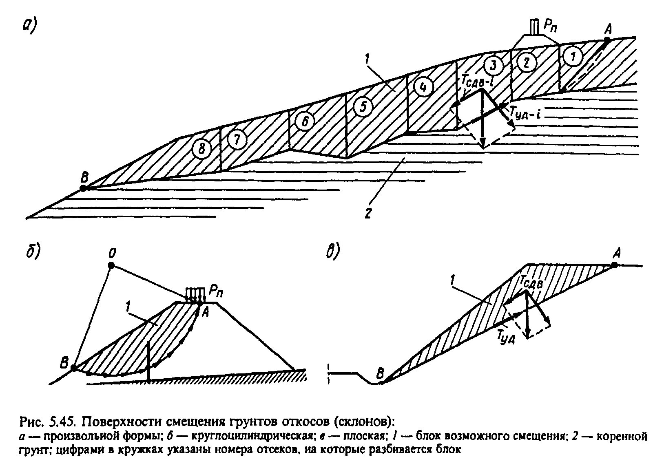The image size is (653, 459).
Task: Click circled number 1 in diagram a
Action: (x=573, y=57)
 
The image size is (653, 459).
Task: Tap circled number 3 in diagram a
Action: (x=493, y=64)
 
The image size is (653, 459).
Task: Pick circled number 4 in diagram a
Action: (x=422, y=87)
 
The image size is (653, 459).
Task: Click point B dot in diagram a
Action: (x=83, y=188)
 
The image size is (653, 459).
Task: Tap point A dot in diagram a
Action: (x=607, y=40)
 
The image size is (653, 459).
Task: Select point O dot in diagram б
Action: (x=111, y=265)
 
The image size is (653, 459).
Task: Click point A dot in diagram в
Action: (x=614, y=265)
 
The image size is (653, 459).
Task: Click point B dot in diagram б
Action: (x=73, y=368)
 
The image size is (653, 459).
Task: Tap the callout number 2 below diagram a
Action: (x=368, y=214)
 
